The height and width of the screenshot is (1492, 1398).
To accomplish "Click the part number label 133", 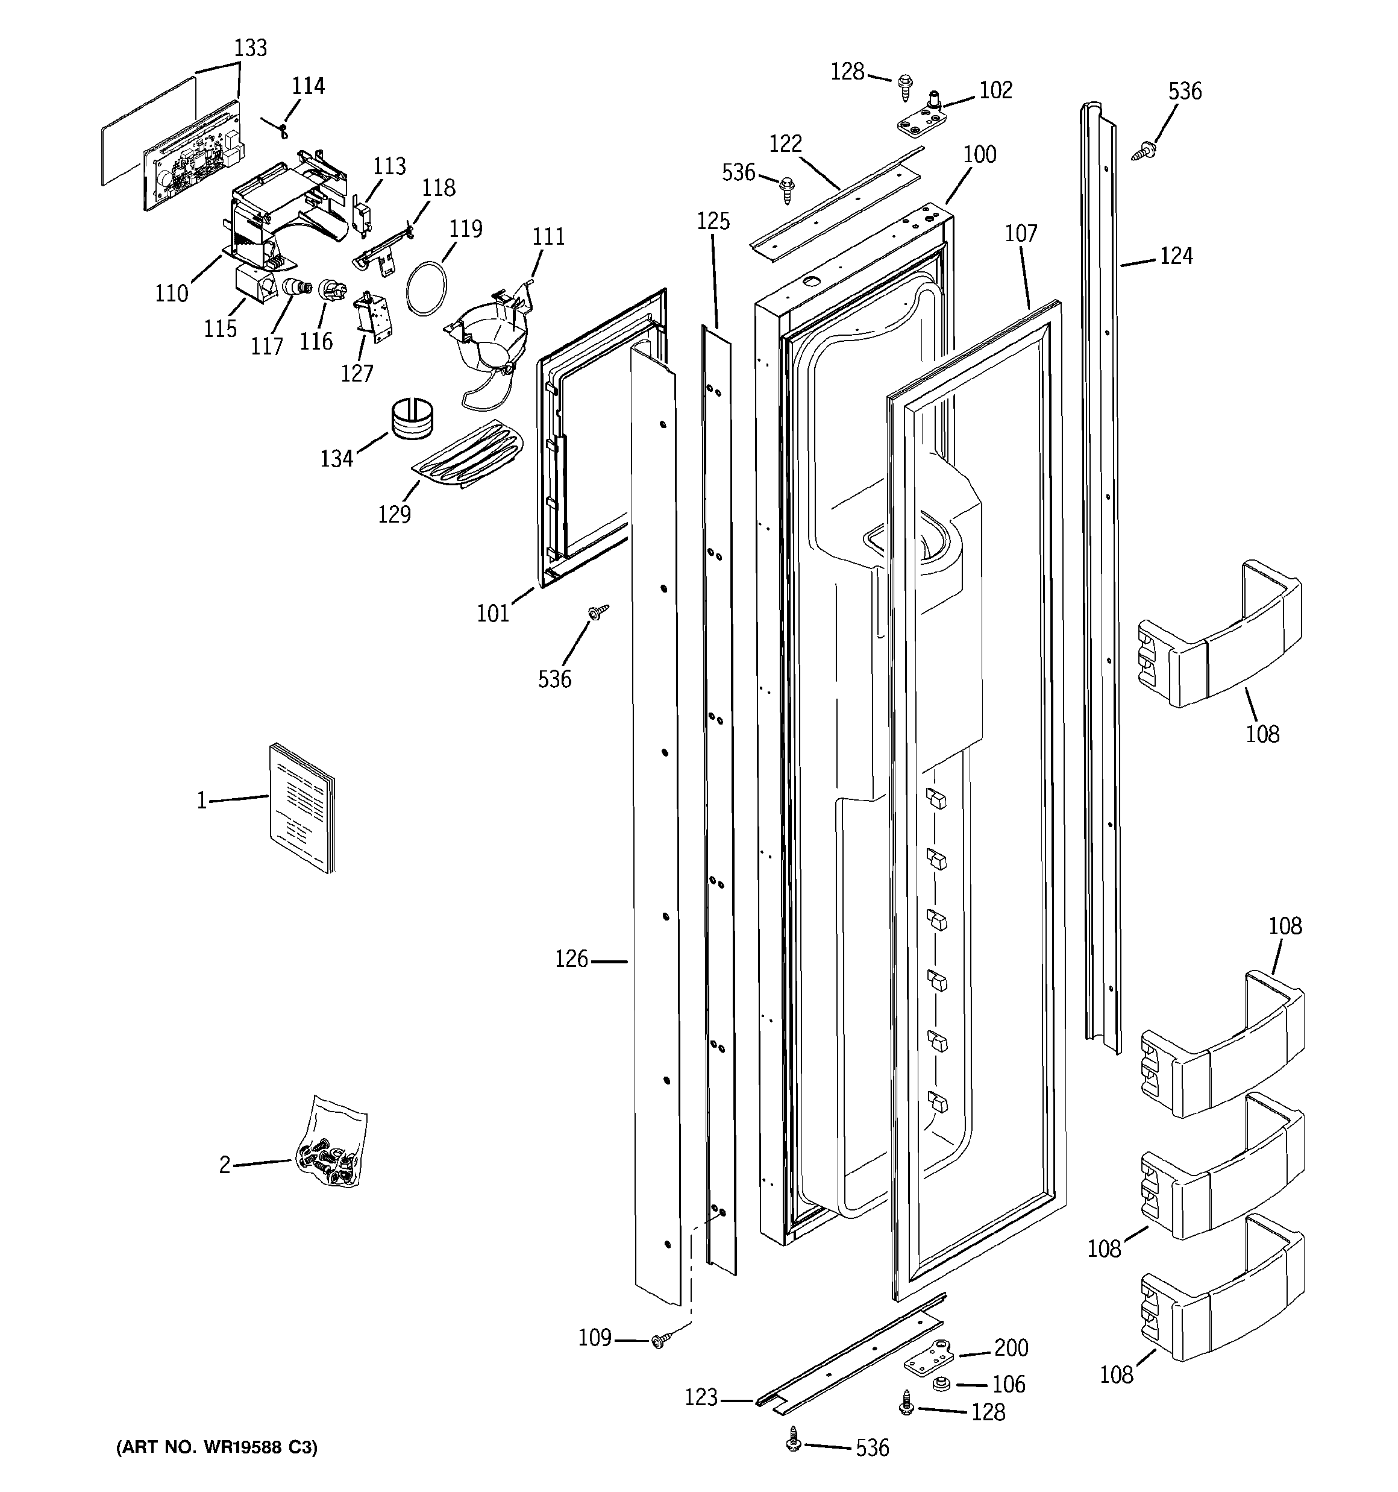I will coord(250,48).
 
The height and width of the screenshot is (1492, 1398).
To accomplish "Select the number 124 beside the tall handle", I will coord(1176,257).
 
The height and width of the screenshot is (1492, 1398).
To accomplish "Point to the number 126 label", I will coord(571,959).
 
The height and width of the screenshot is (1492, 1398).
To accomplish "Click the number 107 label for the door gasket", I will coord(1021,233).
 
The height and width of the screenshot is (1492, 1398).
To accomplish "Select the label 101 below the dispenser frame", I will coord(493,614).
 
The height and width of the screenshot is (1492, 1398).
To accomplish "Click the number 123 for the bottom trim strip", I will coord(701,1397).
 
